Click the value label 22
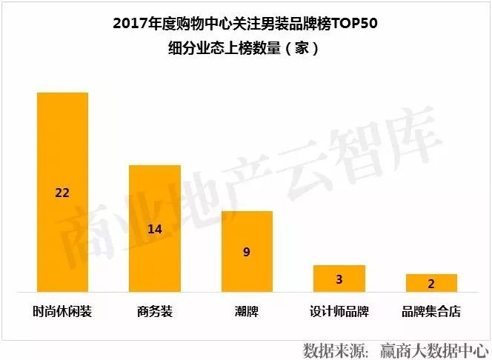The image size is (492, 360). [x=63, y=193]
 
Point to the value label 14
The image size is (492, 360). [x=155, y=229]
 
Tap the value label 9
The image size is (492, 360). [x=247, y=252]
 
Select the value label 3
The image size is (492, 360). [x=339, y=279]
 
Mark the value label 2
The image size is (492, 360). [x=431, y=284]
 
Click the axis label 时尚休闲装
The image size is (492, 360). [x=63, y=311]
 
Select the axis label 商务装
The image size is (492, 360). [x=155, y=311]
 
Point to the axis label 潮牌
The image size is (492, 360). [x=247, y=311]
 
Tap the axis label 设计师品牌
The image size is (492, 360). [x=339, y=311]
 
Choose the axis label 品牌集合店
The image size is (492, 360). [x=431, y=311]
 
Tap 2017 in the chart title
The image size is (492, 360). [x=129, y=24]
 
